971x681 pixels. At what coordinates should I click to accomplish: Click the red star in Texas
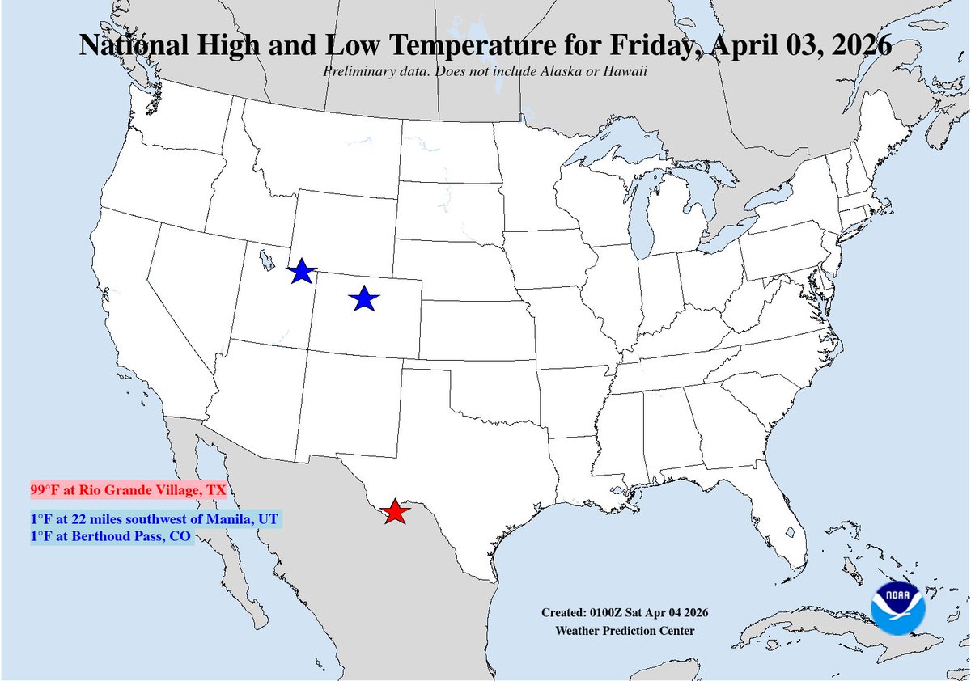click(x=394, y=512)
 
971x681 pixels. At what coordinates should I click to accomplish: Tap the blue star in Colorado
click(x=364, y=299)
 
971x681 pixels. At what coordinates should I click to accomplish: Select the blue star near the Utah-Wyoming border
click(x=301, y=273)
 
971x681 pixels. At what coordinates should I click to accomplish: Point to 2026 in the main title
click(x=857, y=45)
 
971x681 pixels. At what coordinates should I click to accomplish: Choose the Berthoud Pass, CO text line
click(x=112, y=536)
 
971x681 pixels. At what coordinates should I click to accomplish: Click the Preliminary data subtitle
click(x=485, y=70)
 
